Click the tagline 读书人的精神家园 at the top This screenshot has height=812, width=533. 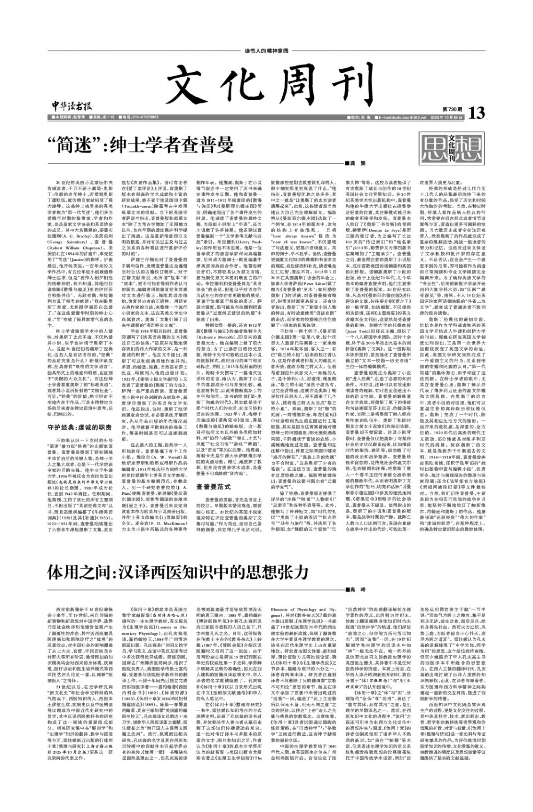pyautogui.click(x=266, y=50)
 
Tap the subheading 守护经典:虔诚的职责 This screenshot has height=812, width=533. pyautogui.click(x=80, y=428)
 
